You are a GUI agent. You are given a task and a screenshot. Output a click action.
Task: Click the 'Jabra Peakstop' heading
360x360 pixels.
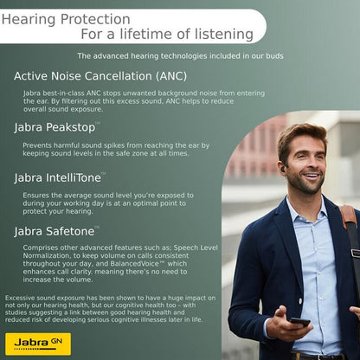55,127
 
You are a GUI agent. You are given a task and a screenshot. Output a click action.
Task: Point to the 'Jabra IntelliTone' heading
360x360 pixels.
57,177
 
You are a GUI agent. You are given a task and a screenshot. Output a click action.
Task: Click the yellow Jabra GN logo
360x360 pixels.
38,344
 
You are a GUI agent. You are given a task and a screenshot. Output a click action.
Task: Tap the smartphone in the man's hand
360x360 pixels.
299,322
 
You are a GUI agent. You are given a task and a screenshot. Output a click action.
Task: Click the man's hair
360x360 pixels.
299,137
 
